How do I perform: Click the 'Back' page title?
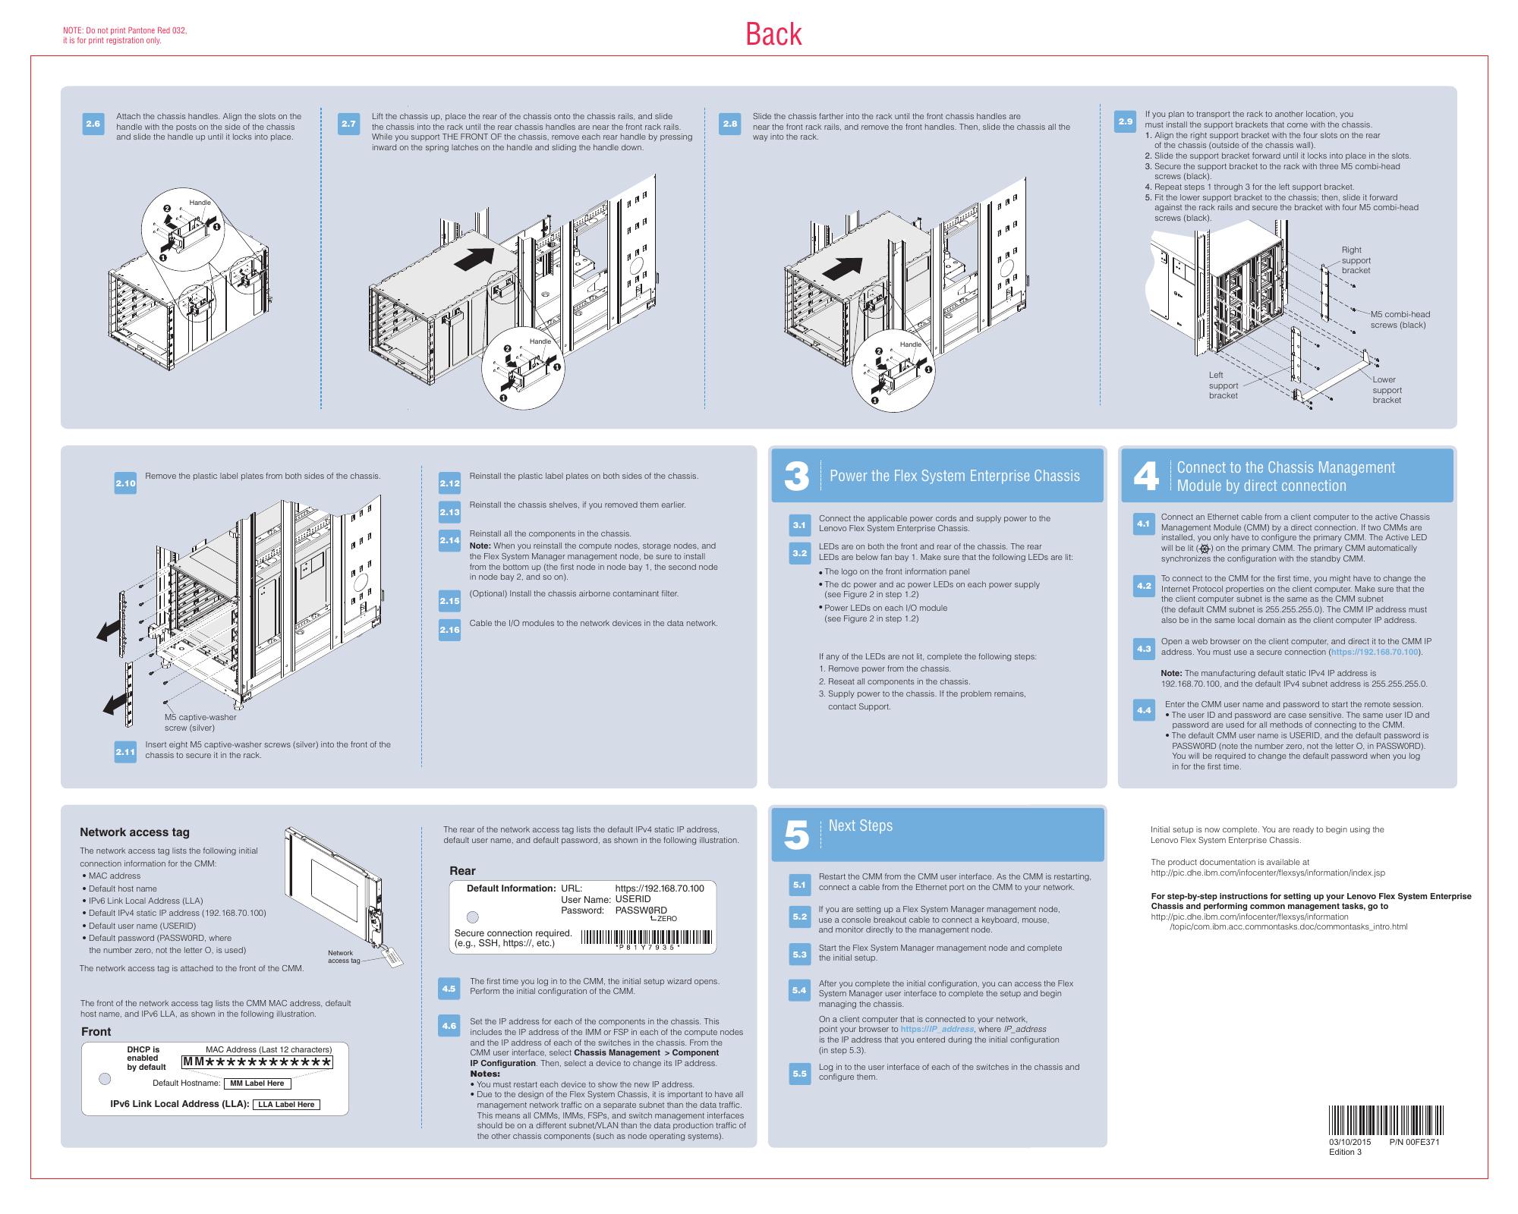(x=773, y=34)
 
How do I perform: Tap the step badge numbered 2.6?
(x=93, y=124)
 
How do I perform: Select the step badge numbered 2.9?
(x=1126, y=122)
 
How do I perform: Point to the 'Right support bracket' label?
(x=1356, y=260)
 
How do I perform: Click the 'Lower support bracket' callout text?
(x=1386, y=390)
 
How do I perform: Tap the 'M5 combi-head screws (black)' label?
(x=1399, y=319)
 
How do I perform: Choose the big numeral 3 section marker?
(x=796, y=476)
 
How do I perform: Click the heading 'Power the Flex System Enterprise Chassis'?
(x=954, y=476)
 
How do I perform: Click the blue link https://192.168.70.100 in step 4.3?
(x=1374, y=652)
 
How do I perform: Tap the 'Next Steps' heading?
(x=860, y=826)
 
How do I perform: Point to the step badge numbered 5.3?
(x=799, y=955)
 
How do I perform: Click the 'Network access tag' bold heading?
(x=134, y=832)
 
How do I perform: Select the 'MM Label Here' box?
(x=257, y=1083)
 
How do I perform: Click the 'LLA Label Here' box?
(x=286, y=1105)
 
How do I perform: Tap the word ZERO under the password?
(x=666, y=919)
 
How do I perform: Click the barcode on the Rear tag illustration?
(x=647, y=939)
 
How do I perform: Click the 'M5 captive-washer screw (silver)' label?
(x=200, y=722)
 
